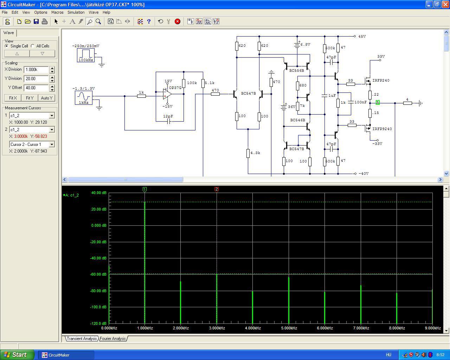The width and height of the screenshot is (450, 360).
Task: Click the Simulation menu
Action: tap(76, 12)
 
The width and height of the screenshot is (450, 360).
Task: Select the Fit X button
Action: tap(13, 98)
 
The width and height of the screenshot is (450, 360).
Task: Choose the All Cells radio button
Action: tap(33, 46)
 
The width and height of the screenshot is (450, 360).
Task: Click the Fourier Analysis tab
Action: tap(113, 339)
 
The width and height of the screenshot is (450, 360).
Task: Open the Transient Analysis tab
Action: tap(82, 339)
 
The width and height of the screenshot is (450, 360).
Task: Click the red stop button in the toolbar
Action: tap(178, 21)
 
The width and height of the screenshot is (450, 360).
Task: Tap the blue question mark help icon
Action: tap(149, 21)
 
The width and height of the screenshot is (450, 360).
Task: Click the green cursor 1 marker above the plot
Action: tap(144, 189)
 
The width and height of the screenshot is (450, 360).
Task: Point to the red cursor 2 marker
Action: tap(217, 189)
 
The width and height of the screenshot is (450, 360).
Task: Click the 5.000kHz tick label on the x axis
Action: tap(289, 328)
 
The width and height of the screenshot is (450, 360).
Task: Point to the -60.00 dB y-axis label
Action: tap(98, 274)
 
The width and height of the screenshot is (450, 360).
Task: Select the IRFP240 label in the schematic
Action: tap(381, 80)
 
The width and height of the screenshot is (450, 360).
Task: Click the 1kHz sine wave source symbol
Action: tap(83, 98)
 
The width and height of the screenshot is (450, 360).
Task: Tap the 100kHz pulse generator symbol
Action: tap(85, 55)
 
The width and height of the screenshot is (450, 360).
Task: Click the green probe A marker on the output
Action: tap(378, 103)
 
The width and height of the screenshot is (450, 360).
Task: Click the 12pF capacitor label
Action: tap(168, 116)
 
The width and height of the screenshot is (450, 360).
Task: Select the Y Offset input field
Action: tap(36, 88)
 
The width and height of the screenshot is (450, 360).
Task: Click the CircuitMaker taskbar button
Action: tap(66, 355)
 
